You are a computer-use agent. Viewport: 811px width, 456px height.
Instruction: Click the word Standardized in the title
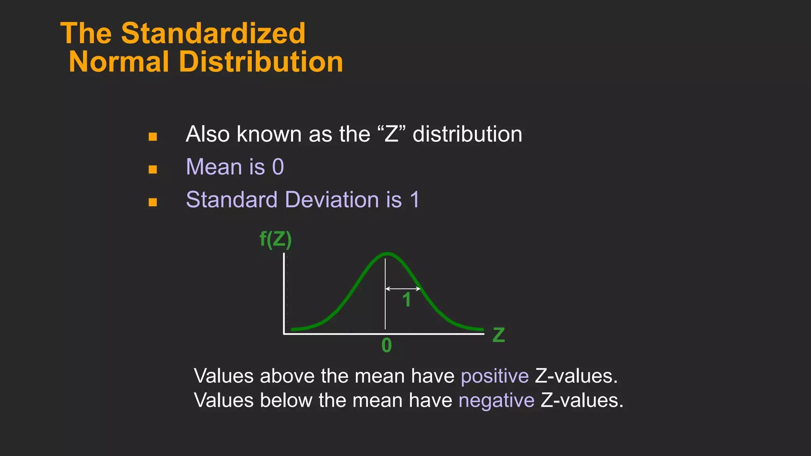pos(213,33)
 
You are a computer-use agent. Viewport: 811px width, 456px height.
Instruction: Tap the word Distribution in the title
pos(261,62)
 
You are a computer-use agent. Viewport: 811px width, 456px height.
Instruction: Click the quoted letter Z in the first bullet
pos(391,134)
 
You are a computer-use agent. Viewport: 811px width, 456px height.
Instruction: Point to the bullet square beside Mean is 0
pos(153,170)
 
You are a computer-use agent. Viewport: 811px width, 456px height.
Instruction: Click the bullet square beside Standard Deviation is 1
pos(153,203)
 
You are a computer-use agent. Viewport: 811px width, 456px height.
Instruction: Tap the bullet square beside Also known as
pos(153,137)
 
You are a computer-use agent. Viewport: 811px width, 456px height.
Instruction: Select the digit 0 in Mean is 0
pos(278,167)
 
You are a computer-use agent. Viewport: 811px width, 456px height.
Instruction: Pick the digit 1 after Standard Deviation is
pos(415,200)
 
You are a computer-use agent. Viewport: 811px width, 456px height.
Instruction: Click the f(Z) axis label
pos(276,239)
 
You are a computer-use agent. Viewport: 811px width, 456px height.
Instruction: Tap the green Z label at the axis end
pos(499,335)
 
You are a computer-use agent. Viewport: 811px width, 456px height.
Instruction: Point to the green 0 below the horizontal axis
pos(386,346)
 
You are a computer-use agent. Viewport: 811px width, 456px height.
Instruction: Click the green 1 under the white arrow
pos(406,300)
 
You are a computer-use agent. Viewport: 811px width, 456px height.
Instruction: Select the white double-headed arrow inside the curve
pos(403,289)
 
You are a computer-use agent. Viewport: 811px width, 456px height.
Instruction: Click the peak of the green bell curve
pos(387,253)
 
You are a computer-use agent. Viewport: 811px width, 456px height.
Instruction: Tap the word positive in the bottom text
pos(495,376)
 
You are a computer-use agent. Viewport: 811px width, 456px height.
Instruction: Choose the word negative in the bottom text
pos(496,401)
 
